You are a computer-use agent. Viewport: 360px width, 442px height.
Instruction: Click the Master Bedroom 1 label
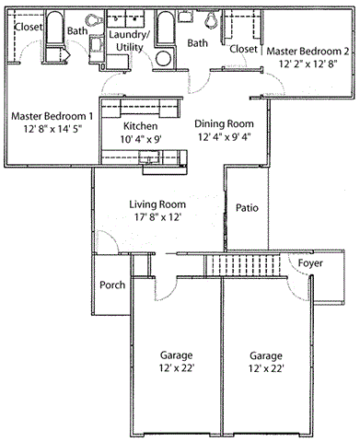tap(52, 117)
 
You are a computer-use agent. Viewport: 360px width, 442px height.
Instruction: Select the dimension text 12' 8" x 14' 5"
tap(52, 132)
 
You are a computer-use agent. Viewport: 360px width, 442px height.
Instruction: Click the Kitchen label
tap(139, 125)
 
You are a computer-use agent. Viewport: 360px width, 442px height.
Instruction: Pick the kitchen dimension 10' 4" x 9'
tap(139, 139)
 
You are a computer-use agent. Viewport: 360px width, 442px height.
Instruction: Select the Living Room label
tap(157, 204)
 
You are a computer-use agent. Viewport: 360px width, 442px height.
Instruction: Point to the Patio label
tap(246, 208)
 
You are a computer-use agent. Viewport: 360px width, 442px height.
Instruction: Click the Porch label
tap(112, 285)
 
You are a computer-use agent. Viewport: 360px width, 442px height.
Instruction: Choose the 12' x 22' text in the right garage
tap(265, 368)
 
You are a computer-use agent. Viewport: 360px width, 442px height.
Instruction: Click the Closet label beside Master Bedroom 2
tap(243, 49)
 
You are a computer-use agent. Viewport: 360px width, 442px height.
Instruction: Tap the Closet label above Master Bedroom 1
tap(28, 28)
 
